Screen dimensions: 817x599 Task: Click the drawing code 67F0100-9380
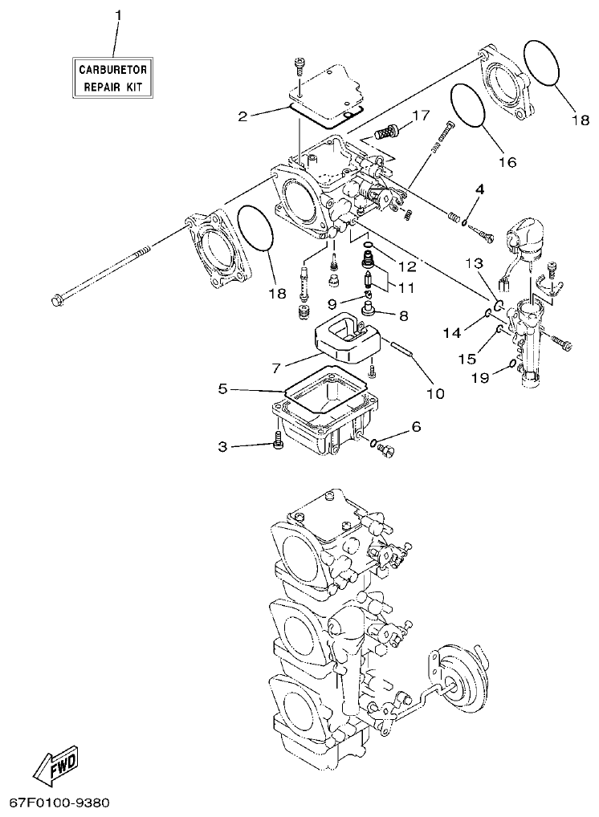[x=59, y=803]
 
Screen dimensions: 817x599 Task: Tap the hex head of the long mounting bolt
[x=57, y=301]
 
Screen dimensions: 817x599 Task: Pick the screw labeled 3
[x=278, y=441]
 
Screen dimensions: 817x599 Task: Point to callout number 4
[x=479, y=189]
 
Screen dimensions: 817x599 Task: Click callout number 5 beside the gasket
[x=223, y=390]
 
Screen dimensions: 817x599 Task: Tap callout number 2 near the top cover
[x=242, y=116]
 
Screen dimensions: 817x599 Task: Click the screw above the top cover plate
[x=300, y=64]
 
